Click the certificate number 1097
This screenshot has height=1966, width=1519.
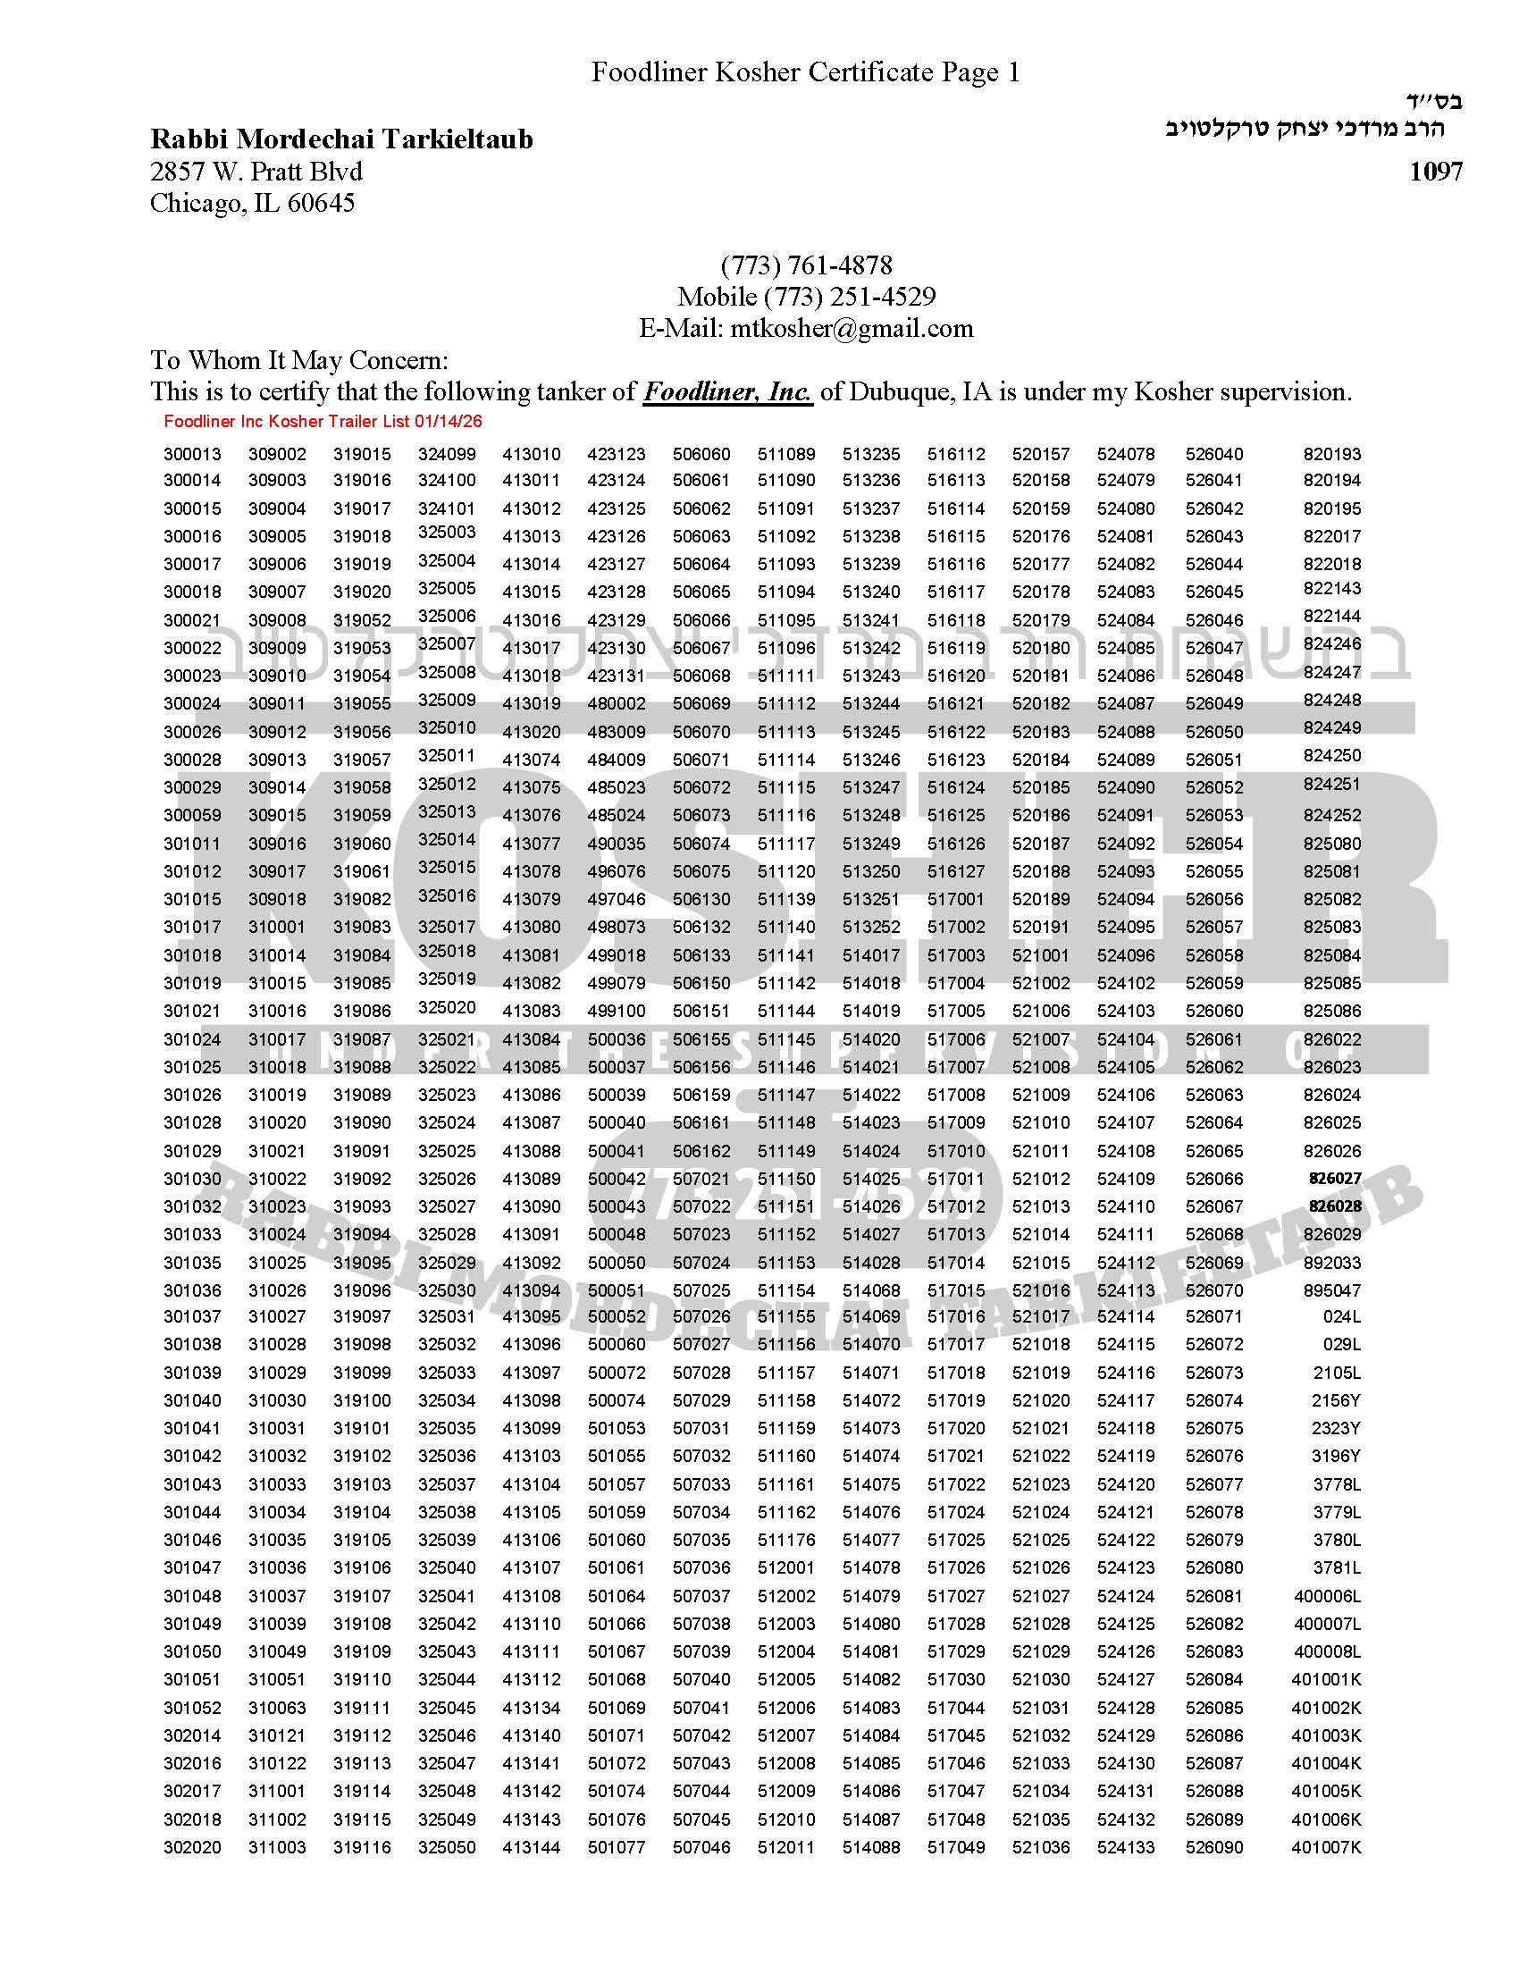click(x=1435, y=171)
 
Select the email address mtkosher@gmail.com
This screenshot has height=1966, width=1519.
click(x=852, y=328)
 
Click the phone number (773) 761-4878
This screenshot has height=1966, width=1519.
click(x=806, y=265)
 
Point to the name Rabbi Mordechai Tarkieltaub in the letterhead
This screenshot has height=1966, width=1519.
click(x=341, y=139)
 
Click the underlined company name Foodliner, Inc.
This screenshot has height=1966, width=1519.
click(x=727, y=391)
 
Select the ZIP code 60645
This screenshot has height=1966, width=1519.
click(x=322, y=203)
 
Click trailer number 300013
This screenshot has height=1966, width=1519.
click(x=192, y=454)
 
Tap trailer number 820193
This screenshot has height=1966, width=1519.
click(x=1332, y=454)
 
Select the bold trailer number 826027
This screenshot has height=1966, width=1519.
click(x=1335, y=1179)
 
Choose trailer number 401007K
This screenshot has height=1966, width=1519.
click(x=1325, y=1847)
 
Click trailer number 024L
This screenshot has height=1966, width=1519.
click(x=1341, y=1317)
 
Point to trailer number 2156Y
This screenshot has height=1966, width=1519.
click(x=1337, y=1400)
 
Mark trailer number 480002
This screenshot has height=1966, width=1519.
click(x=617, y=703)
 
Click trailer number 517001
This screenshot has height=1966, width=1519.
click(x=956, y=899)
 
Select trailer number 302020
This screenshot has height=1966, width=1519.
click(x=192, y=1847)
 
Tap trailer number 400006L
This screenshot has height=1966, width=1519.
click(x=1327, y=1596)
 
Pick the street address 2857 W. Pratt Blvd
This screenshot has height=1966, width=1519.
click(x=256, y=171)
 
